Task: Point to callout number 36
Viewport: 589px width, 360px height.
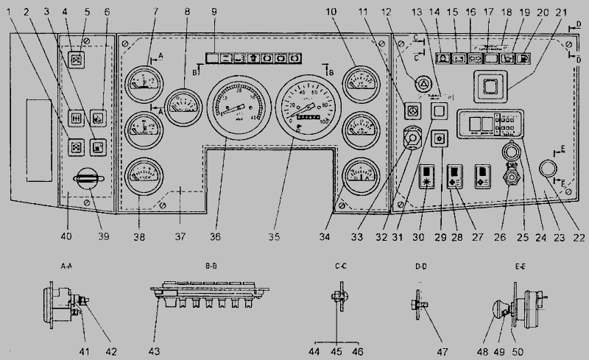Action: (x=215, y=236)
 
